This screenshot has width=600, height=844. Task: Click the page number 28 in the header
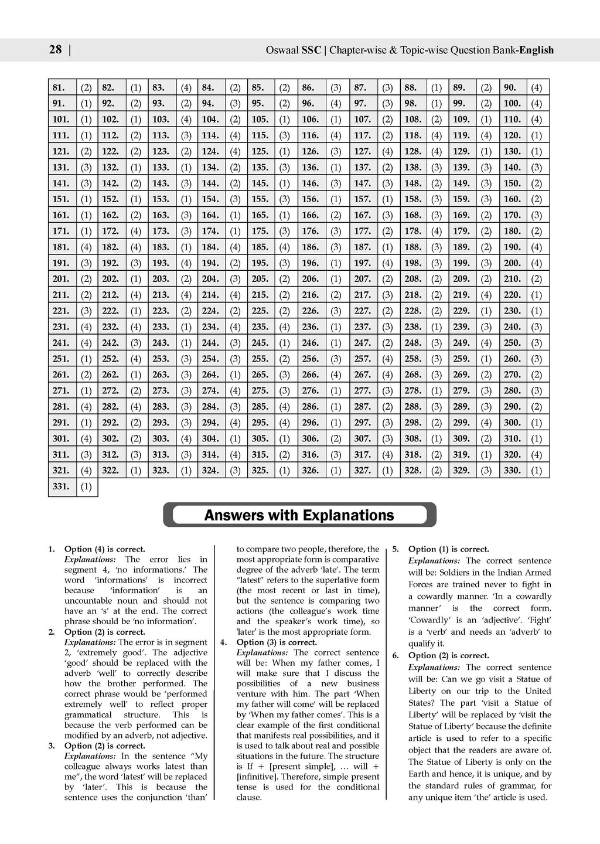55,50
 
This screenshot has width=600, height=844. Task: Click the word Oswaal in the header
284,50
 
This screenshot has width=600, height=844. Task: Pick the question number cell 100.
513,103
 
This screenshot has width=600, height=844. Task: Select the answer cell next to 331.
87,486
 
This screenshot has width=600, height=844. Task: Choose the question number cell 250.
513,342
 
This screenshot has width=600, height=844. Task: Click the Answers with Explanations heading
299,516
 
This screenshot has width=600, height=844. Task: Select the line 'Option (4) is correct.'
105,549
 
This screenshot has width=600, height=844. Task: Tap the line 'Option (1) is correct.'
449,549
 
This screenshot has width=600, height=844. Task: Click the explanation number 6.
396,655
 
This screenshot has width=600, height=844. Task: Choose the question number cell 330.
513,470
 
